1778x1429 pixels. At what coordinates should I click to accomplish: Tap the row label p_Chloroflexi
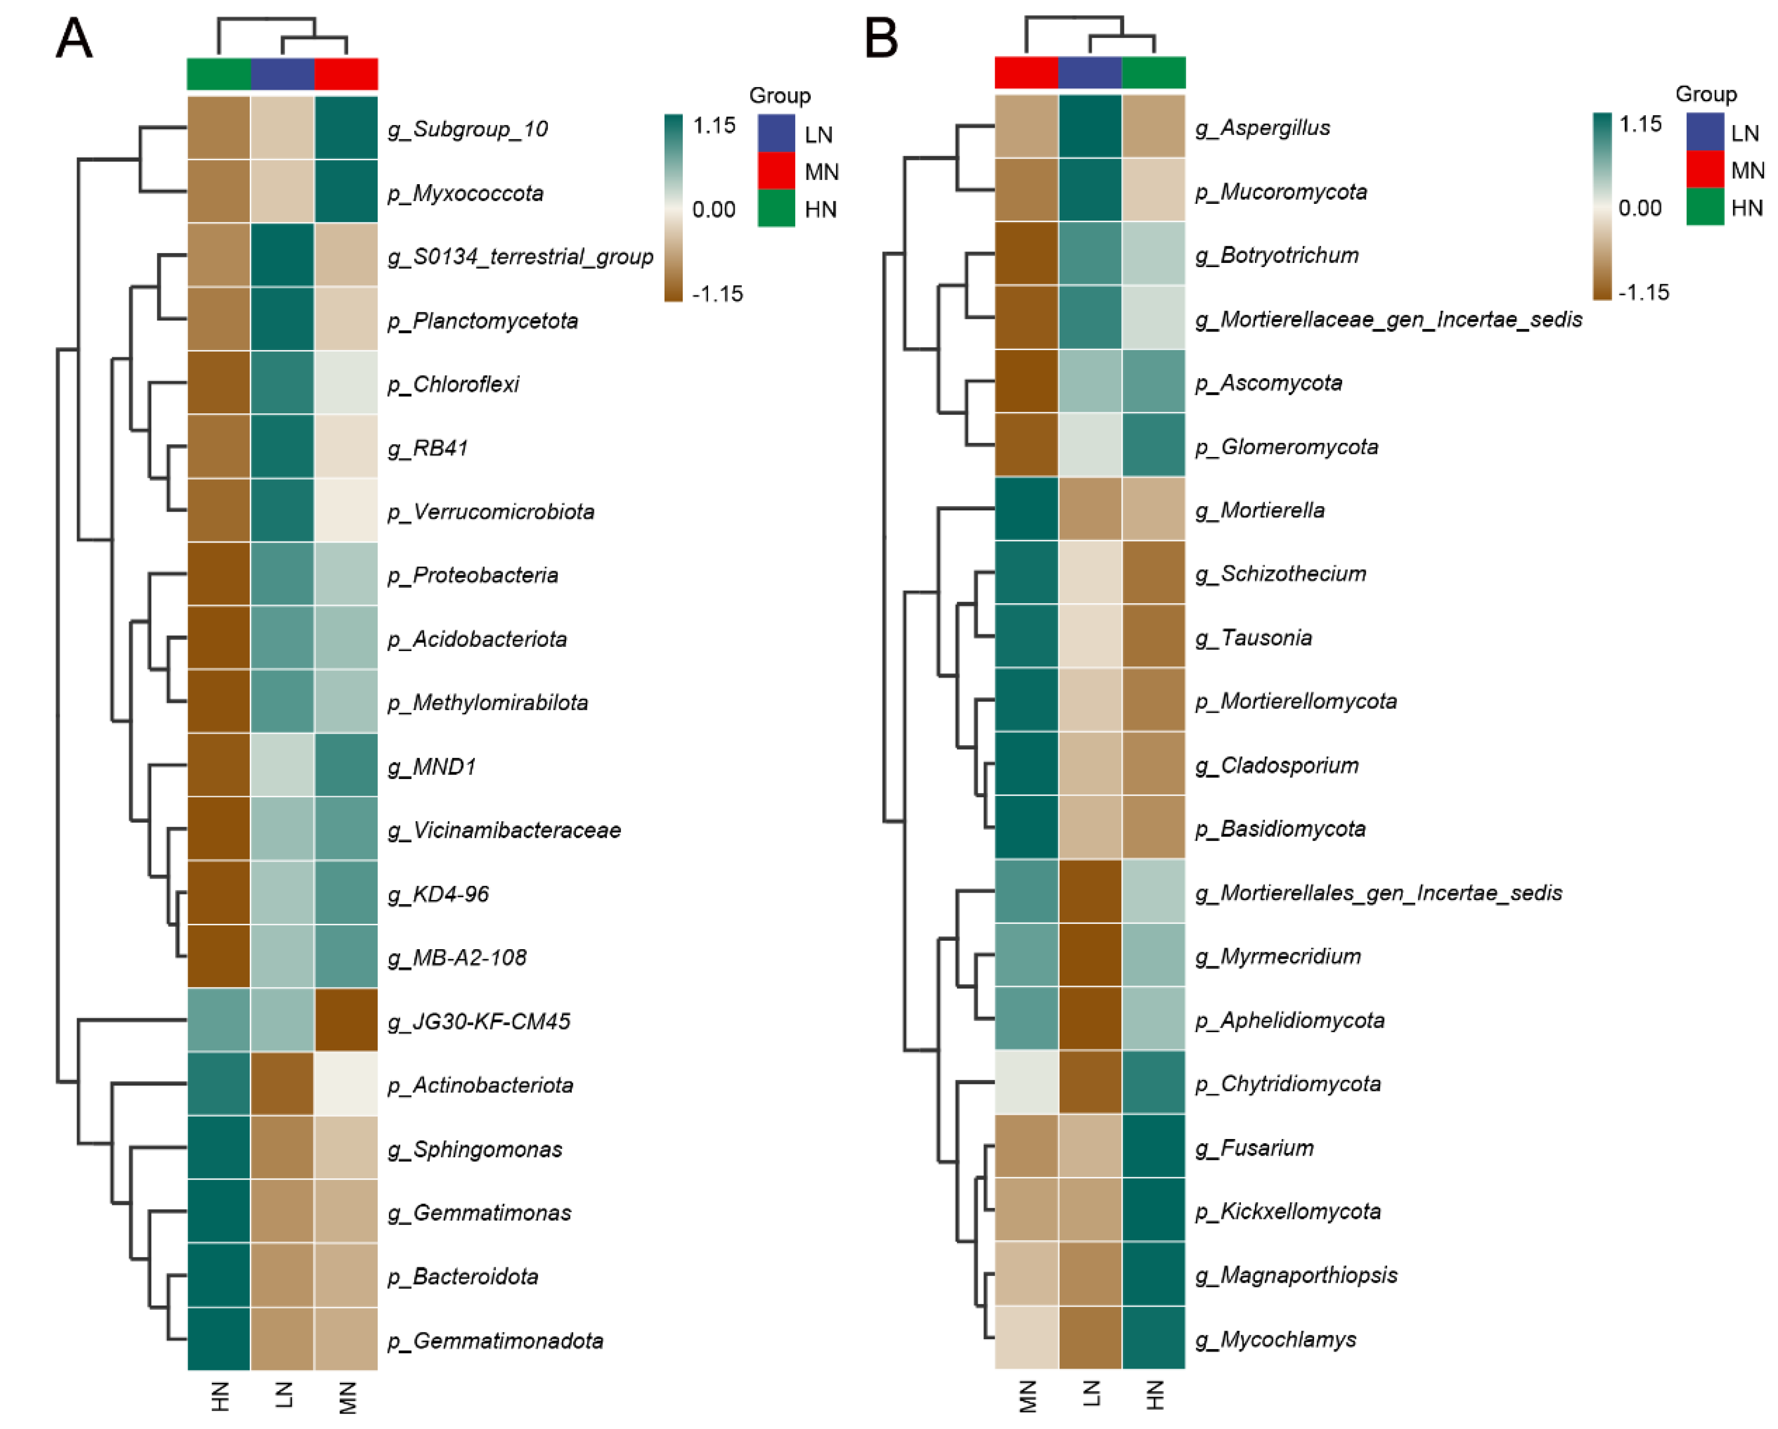[x=454, y=384]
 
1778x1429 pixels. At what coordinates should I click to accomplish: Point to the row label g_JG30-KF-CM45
[x=479, y=1021]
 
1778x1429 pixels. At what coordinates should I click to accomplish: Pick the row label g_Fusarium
[x=1254, y=1148]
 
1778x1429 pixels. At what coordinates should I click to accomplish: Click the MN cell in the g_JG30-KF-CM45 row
[x=346, y=1021]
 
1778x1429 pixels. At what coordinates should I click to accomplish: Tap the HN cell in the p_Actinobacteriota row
[x=219, y=1084]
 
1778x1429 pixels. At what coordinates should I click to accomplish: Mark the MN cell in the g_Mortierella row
[x=1026, y=509]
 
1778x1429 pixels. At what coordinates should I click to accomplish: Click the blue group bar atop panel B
[x=1090, y=73]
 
